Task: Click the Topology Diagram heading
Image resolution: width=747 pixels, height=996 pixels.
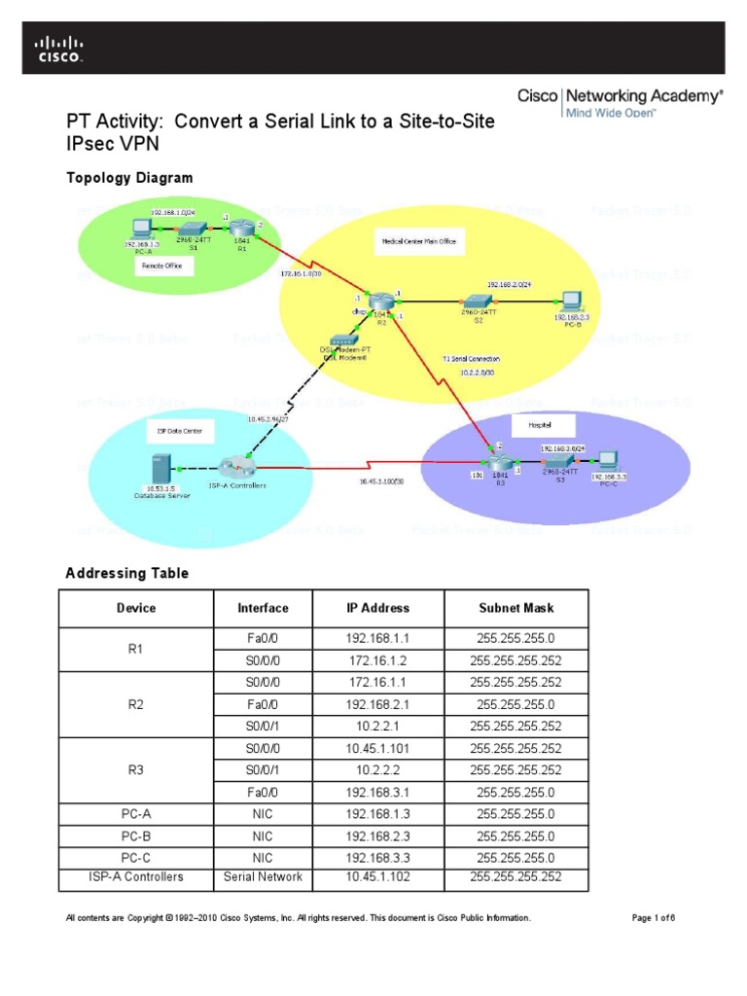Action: point(128,178)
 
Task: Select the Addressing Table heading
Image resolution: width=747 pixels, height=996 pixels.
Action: point(126,574)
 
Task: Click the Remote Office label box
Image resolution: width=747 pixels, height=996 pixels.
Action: point(161,265)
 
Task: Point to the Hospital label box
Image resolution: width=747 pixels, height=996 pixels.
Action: point(536,425)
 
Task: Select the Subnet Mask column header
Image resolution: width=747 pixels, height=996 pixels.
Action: point(516,608)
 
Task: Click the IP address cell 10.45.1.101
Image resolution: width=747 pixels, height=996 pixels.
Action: point(378,749)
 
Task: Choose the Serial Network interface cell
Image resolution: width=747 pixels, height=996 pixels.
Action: point(263,877)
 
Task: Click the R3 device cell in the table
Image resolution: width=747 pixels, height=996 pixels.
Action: point(136,770)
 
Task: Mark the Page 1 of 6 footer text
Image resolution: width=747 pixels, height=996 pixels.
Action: point(653,918)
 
